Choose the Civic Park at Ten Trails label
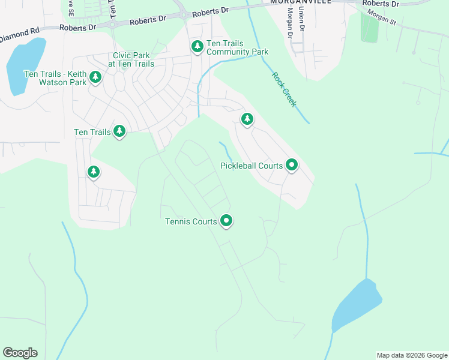(x=130, y=59)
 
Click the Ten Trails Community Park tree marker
(x=197, y=46)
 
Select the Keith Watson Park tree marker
(x=95, y=77)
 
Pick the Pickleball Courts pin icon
(x=292, y=164)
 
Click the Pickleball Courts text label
(x=252, y=166)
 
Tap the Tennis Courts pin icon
(x=226, y=221)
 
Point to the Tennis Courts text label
(x=191, y=222)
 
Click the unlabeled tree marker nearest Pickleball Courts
(x=247, y=118)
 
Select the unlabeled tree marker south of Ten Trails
(x=93, y=172)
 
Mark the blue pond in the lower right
(x=358, y=304)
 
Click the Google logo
(x=20, y=353)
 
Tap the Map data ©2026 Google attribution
(x=412, y=355)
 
